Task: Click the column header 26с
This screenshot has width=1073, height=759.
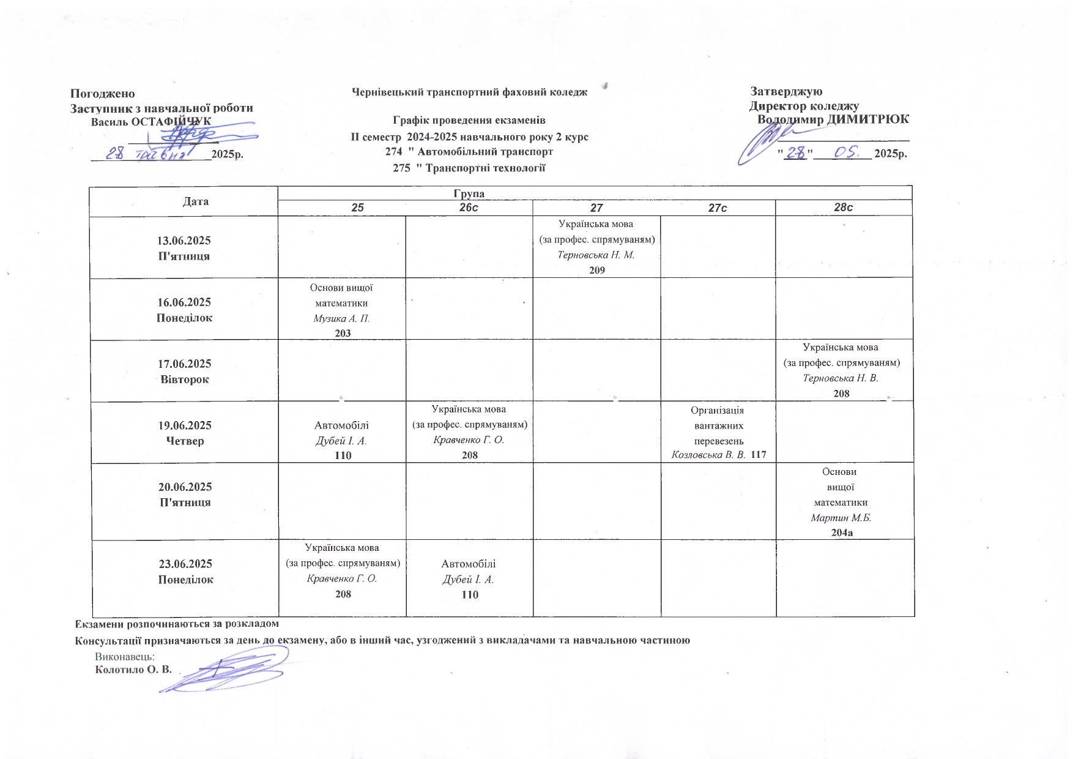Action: click(x=469, y=208)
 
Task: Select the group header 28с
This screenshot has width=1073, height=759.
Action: click(x=843, y=208)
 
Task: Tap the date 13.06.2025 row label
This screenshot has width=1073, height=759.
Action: click(x=184, y=241)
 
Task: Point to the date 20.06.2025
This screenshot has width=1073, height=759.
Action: click(x=185, y=487)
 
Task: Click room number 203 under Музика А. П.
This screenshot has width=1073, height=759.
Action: click(x=343, y=333)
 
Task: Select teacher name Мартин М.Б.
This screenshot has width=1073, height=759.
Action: click(x=841, y=518)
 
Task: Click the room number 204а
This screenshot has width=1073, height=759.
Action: click(x=842, y=533)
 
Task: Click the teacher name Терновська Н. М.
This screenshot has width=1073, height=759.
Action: click(x=596, y=255)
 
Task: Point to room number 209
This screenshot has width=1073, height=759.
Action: click(x=596, y=270)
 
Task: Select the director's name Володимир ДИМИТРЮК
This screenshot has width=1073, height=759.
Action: click(x=833, y=119)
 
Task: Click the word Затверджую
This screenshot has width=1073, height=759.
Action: click(x=786, y=92)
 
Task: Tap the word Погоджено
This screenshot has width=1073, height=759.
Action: click(x=102, y=94)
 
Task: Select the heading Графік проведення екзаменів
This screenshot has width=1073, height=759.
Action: click(x=469, y=121)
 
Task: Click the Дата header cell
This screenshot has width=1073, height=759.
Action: click(x=195, y=201)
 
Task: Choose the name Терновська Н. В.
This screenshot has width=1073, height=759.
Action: click(x=840, y=378)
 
